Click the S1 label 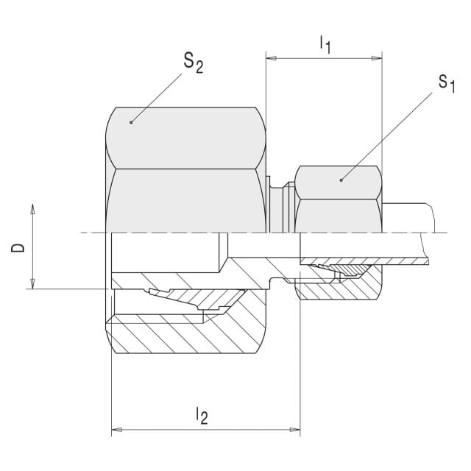tap(447, 83)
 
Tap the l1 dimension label tap(325, 44)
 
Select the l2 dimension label tap(202, 415)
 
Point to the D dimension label tap(18, 248)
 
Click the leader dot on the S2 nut tap(131, 122)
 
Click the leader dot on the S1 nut tap(341, 180)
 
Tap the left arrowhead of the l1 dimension tap(272, 58)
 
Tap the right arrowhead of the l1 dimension tap(377, 58)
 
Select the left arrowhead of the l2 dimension tap(116, 430)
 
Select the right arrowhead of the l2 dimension tap(295, 430)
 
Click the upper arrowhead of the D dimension tap(32, 209)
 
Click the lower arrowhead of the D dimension tap(32, 283)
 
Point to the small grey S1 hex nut tap(339, 199)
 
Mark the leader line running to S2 tap(157, 98)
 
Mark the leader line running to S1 tap(386, 136)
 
